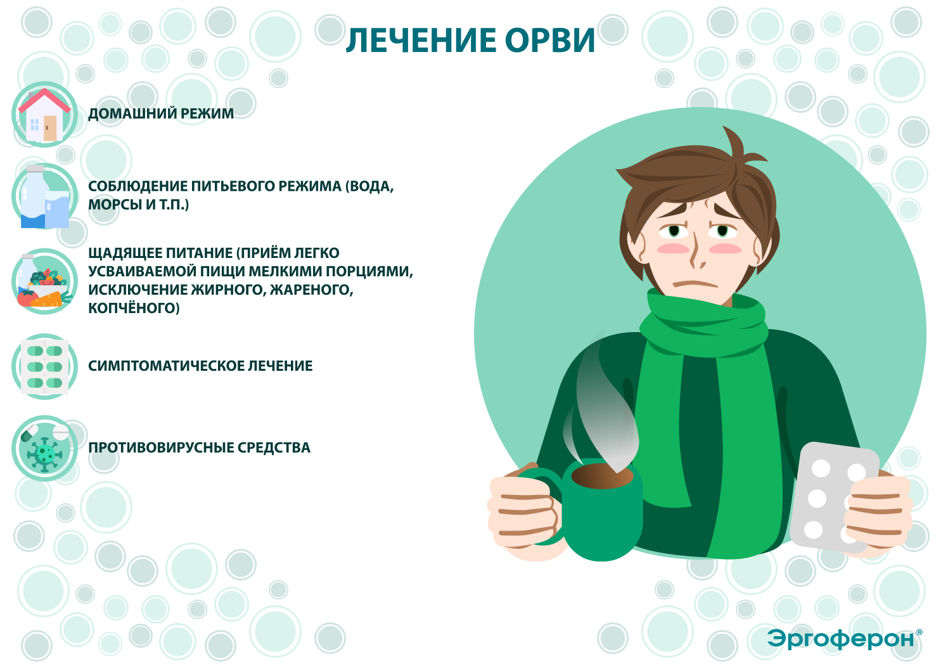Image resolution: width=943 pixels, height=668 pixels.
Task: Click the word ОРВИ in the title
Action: (x=550, y=41)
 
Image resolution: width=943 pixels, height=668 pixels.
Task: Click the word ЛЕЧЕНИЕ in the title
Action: (x=421, y=41)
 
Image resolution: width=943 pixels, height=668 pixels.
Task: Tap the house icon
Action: (x=44, y=115)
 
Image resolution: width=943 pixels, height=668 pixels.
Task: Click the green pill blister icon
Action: (x=44, y=366)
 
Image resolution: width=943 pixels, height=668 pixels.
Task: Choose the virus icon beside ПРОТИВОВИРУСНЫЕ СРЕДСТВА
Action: (x=44, y=449)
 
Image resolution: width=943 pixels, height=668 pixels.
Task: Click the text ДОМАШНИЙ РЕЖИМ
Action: (x=161, y=114)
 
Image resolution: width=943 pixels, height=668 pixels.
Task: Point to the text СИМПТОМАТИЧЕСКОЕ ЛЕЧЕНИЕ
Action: (x=200, y=366)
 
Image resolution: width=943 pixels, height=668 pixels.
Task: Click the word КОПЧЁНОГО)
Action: (x=134, y=308)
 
